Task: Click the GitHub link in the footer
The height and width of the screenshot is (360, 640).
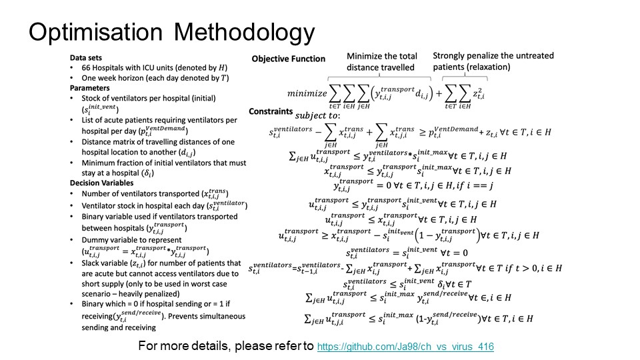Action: point(405,347)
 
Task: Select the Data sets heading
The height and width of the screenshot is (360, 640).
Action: point(87,58)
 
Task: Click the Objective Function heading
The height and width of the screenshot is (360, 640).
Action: point(288,59)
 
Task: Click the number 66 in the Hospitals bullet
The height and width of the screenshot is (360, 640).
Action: point(82,68)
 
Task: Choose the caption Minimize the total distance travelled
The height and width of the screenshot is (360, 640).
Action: point(380,61)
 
